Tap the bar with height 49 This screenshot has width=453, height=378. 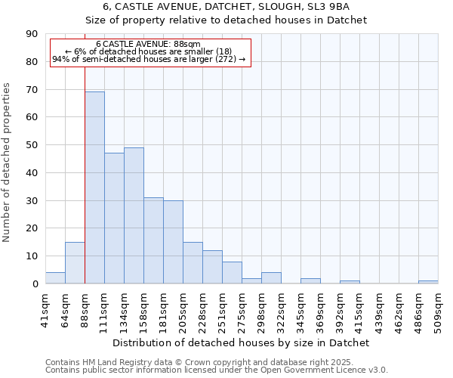(134, 215)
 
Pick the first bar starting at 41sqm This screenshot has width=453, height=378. (55, 278)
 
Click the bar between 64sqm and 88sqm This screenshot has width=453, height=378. (75, 263)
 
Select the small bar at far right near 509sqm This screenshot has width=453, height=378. (428, 282)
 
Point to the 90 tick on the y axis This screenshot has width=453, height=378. (32, 34)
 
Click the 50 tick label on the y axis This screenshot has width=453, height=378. (32, 145)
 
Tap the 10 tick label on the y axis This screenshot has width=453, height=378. (32, 256)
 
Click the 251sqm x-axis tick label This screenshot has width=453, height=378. (222, 308)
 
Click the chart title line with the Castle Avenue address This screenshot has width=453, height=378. (226, 7)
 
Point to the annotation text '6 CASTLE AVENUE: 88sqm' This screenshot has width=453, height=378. (149, 45)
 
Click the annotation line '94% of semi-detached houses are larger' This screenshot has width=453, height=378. (149, 59)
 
